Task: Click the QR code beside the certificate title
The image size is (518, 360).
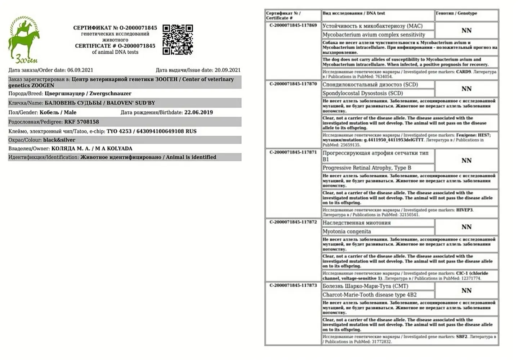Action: click(x=178, y=40)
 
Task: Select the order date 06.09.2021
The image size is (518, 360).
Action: click(x=80, y=70)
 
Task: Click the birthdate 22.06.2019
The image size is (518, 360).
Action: click(x=198, y=112)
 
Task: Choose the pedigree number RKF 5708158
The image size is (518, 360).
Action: click(x=81, y=122)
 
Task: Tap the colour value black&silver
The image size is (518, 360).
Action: click(x=59, y=140)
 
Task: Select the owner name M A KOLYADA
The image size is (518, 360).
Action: click(x=113, y=149)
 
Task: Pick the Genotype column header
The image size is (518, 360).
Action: click(x=456, y=13)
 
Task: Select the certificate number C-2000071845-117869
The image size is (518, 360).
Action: click(x=293, y=26)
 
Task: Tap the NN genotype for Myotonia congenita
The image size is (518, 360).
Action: click(x=466, y=227)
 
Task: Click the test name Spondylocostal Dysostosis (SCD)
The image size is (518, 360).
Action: click(x=362, y=93)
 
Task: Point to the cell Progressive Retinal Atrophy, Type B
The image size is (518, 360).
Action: click(x=367, y=168)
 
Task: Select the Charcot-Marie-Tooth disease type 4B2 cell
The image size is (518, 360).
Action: click(x=369, y=295)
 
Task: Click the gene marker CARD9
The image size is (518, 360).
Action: click(x=463, y=72)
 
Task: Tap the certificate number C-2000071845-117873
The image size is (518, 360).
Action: click(x=293, y=285)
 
